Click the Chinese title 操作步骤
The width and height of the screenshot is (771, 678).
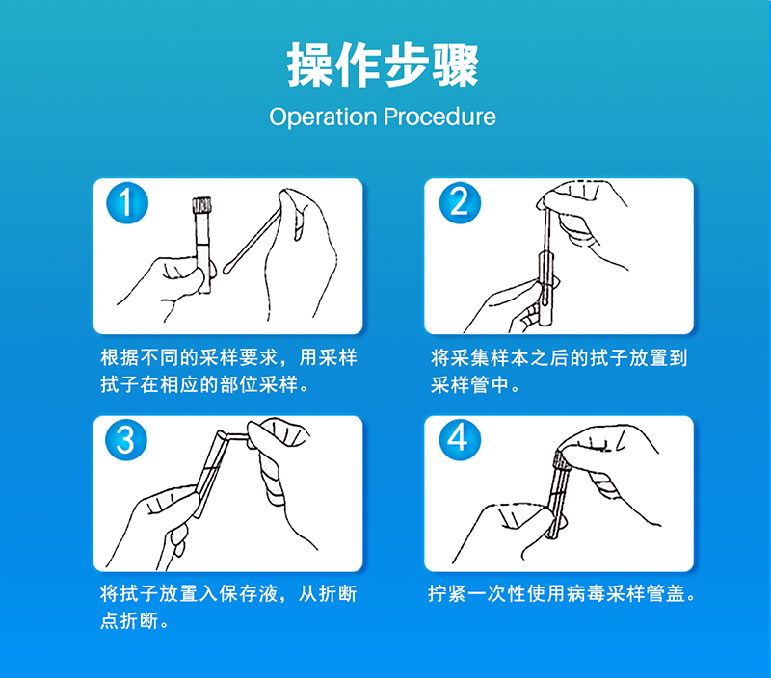pos(383,65)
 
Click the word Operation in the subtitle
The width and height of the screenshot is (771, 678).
pos(323,117)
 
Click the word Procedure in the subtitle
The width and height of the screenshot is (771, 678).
pos(439,117)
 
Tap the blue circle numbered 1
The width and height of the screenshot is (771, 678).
pos(127,202)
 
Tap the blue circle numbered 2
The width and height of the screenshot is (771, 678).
pos(460,202)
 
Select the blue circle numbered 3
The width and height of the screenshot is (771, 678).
pos(126,439)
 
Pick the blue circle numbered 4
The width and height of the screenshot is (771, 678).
pos(460,439)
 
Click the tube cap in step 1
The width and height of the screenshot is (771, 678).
pos(201,204)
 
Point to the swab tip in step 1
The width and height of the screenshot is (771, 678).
pos(228,267)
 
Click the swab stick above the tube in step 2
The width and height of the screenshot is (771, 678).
pos(546,231)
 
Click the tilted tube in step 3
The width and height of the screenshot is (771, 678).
pos(209,474)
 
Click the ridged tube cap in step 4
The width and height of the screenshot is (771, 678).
pos(561,460)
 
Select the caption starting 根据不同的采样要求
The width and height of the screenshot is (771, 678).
pos(228,371)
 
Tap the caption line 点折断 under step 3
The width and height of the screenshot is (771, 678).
pos(134,621)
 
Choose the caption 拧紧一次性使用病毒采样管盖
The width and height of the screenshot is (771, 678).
pos(562,594)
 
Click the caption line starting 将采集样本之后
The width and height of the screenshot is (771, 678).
pos(559,357)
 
